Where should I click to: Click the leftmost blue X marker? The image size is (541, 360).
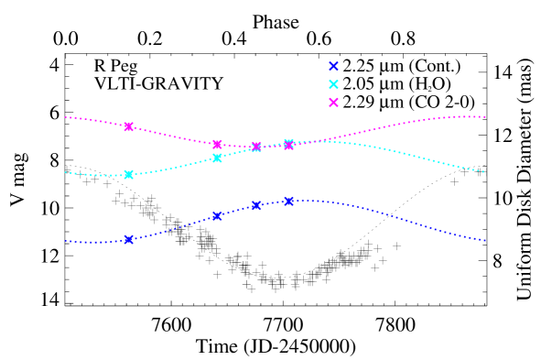pyautogui.click(x=128, y=239)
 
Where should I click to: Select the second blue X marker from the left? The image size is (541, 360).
pyautogui.click(x=217, y=216)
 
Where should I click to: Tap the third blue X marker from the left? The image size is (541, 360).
pyautogui.click(x=256, y=205)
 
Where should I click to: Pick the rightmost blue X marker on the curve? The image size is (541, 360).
pyautogui.click(x=288, y=201)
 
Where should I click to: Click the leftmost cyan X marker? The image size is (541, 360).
pyautogui.click(x=128, y=174)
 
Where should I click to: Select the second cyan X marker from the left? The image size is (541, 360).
pyautogui.click(x=217, y=158)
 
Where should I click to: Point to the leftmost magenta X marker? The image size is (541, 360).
pyautogui.click(x=128, y=126)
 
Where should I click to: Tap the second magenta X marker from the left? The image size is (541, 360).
pyautogui.click(x=217, y=144)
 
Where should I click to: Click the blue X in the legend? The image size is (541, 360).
pyautogui.click(x=333, y=66)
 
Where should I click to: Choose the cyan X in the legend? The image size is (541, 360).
pyautogui.click(x=333, y=84)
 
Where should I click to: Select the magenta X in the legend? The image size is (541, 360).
pyautogui.click(x=333, y=103)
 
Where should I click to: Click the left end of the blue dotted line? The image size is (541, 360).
pyautogui.click(x=65, y=241)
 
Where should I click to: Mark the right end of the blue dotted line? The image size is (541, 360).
pyautogui.click(x=485, y=240)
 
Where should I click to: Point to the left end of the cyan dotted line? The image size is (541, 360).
pyautogui.click(x=65, y=172)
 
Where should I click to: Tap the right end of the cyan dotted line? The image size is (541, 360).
pyautogui.click(x=485, y=171)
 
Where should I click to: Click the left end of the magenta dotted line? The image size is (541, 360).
pyautogui.click(x=65, y=117)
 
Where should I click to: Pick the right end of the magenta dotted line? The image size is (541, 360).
pyautogui.click(x=485, y=117)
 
